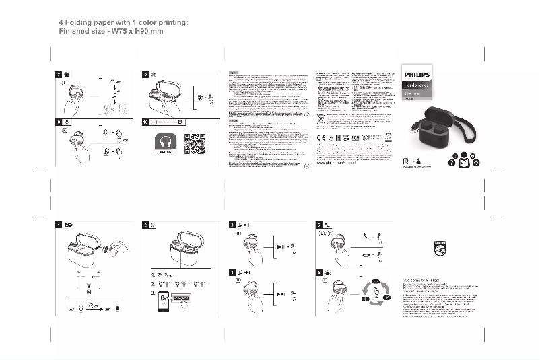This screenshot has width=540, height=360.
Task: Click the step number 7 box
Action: point(59,74)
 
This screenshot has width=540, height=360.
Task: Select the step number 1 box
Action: point(59,225)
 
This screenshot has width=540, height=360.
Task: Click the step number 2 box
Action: point(146,225)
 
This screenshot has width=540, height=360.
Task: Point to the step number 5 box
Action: point(319,225)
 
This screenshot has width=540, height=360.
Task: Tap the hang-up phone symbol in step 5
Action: point(367,255)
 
